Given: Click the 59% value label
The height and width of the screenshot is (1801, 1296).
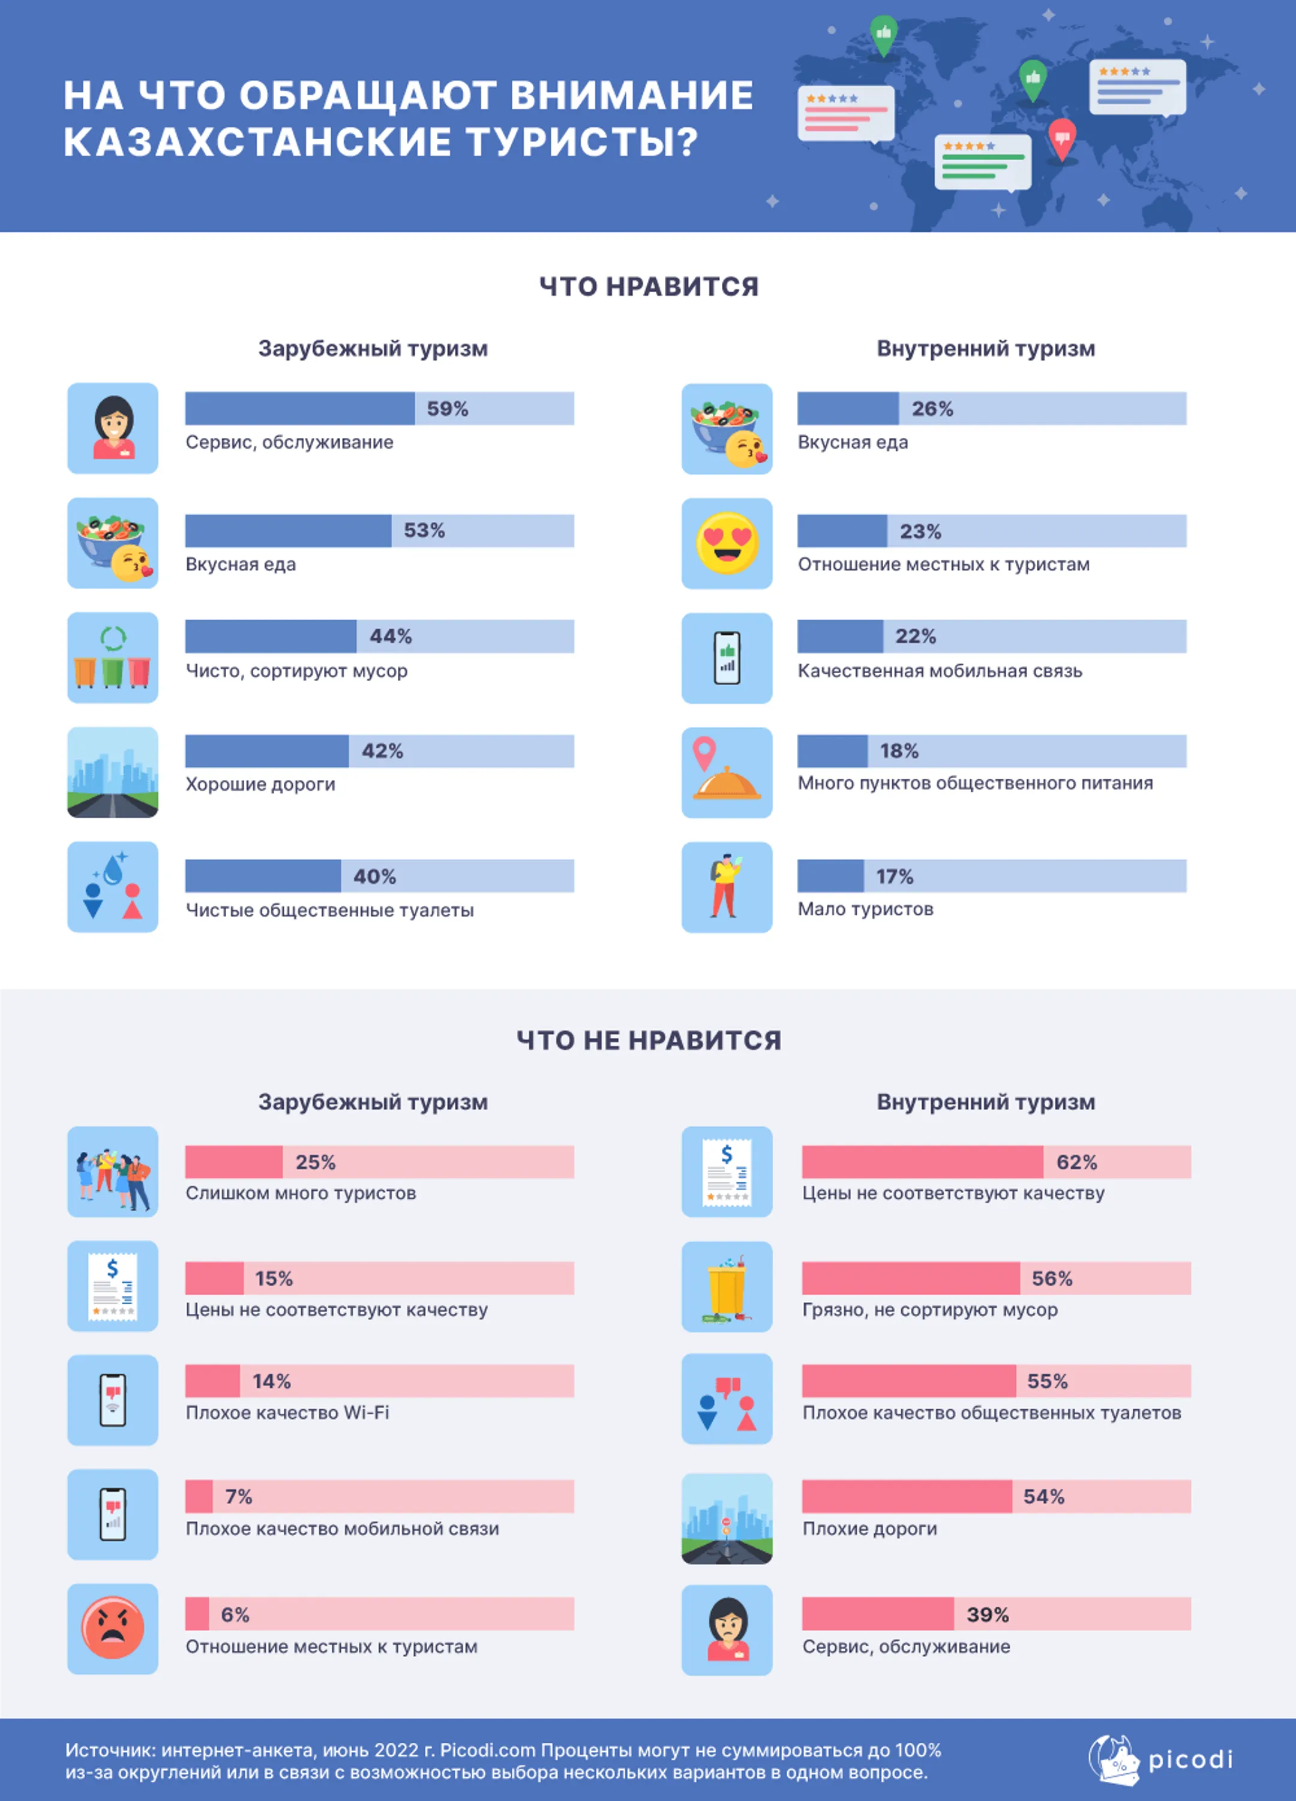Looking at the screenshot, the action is pos(448,409).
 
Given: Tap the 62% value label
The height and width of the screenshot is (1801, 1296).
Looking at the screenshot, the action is pos(1077,1163).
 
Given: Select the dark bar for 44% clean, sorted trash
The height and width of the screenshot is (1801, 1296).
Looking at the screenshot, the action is pos(271,636).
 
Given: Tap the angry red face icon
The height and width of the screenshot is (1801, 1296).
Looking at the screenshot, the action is pos(113,1629).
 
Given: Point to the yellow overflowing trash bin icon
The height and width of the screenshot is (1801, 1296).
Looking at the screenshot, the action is pos(727,1286).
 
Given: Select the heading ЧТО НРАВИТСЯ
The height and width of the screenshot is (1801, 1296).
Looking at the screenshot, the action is pos(649,287).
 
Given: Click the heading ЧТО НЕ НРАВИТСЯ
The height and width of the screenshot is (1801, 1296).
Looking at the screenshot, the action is pos(649,1040).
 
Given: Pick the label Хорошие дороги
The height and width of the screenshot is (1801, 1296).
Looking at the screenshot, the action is pos(260,785).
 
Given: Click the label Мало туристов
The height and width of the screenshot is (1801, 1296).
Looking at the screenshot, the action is pos(866,909).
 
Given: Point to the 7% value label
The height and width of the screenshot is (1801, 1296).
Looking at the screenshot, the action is pos(238,1497).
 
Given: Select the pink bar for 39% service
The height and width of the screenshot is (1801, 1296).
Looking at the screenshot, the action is pos(877,1614).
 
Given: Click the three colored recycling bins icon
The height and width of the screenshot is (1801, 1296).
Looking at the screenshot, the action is pos(113,658).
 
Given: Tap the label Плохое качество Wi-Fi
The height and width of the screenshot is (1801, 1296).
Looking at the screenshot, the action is pos(287,1413).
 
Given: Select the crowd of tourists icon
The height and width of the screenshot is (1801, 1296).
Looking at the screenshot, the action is pos(113,1172).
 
